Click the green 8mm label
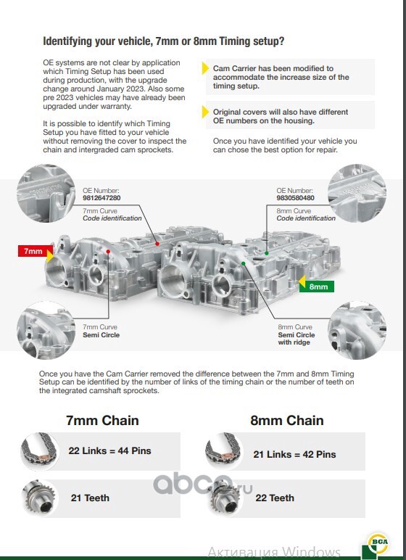(x=317, y=287)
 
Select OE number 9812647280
(x=101, y=198)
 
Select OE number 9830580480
(x=295, y=198)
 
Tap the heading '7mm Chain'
(x=102, y=420)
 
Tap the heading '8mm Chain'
(x=287, y=420)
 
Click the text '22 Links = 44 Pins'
(x=109, y=450)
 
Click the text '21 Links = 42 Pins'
(x=294, y=454)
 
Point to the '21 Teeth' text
(x=90, y=498)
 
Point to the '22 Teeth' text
(x=275, y=498)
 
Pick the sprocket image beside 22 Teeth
(x=225, y=498)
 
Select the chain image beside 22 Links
(x=40, y=450)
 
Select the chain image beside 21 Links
(x=224, y=450)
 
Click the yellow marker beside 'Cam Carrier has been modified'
(x=205, y=68)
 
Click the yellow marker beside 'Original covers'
(x=205, y=112)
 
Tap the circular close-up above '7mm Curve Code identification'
(x=46, y=193)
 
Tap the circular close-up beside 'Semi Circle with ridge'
(x=357, y=330)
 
